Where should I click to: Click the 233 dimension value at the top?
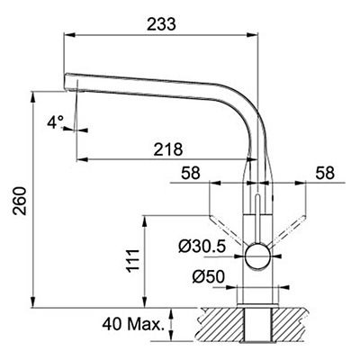tap(161, 24)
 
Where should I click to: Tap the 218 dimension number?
tap(168, 149)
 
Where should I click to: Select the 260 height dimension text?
tap(20, 201)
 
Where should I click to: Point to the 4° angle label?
tap(56, 122)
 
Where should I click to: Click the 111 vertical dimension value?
tap(133, 261)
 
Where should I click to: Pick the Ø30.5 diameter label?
tap(202, 247)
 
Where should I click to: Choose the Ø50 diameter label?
tap(208, 276)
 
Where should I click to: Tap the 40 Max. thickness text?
tap(133, 324)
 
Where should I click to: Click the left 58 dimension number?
tap(191, 173)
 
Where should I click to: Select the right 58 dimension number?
tap(325, 173)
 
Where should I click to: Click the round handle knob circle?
tap(257, 256)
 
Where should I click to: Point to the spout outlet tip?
tap(71, 89)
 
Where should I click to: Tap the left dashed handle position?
tap(226, 230)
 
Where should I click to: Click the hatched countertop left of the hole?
tap(221, 325)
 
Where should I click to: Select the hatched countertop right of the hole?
tap(291, 325)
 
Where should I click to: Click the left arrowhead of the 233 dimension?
tap(69, 35)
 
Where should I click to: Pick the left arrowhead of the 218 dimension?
tap(82, 159)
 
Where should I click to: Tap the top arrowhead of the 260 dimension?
tap(32, 96)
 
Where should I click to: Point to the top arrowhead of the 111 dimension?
tap(144, 221)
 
